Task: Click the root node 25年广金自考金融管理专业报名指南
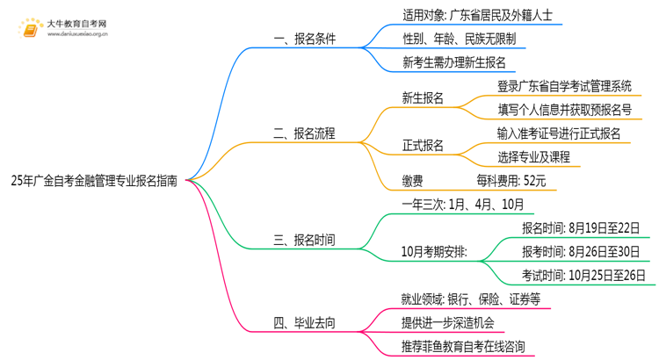[94, 182]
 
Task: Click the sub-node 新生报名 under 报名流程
[422, 98]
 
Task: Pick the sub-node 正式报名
[422, 146]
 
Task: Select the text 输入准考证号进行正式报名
[559, 133]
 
